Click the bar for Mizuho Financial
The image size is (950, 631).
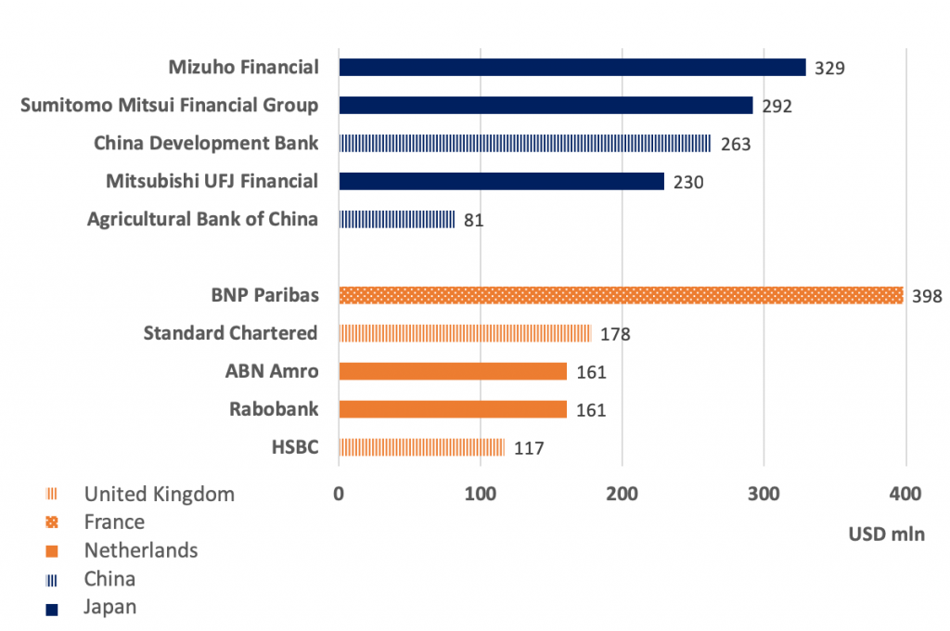tap(571, 67)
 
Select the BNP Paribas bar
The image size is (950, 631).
tap(621, 295)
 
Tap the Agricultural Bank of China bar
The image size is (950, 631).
tap(397, 219)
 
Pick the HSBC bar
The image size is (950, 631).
tap(422, 447)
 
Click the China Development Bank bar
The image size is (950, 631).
tap(524, 143)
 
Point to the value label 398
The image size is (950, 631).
tap(926, 297)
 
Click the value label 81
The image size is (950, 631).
tap(473, 221)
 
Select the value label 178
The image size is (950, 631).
tap(615, 334)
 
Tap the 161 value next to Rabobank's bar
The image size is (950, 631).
tap(591, 410)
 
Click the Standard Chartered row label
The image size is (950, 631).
tap(231, 332)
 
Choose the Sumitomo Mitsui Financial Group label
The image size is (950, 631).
tap(170, 105)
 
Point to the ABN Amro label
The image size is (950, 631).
tap(272, 371)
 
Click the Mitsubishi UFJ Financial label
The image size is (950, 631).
tap(212, 181)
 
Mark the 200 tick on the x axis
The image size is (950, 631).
tap(623, 493)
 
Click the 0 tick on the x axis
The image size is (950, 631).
tap(340, 493)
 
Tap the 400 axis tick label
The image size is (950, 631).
tap(905, 493)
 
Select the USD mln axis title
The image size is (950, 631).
tap(886, 534)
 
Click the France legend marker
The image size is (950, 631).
tap(52, 522)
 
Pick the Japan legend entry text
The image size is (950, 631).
tap(110, 607)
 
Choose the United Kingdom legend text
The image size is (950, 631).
tap(160, 494)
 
